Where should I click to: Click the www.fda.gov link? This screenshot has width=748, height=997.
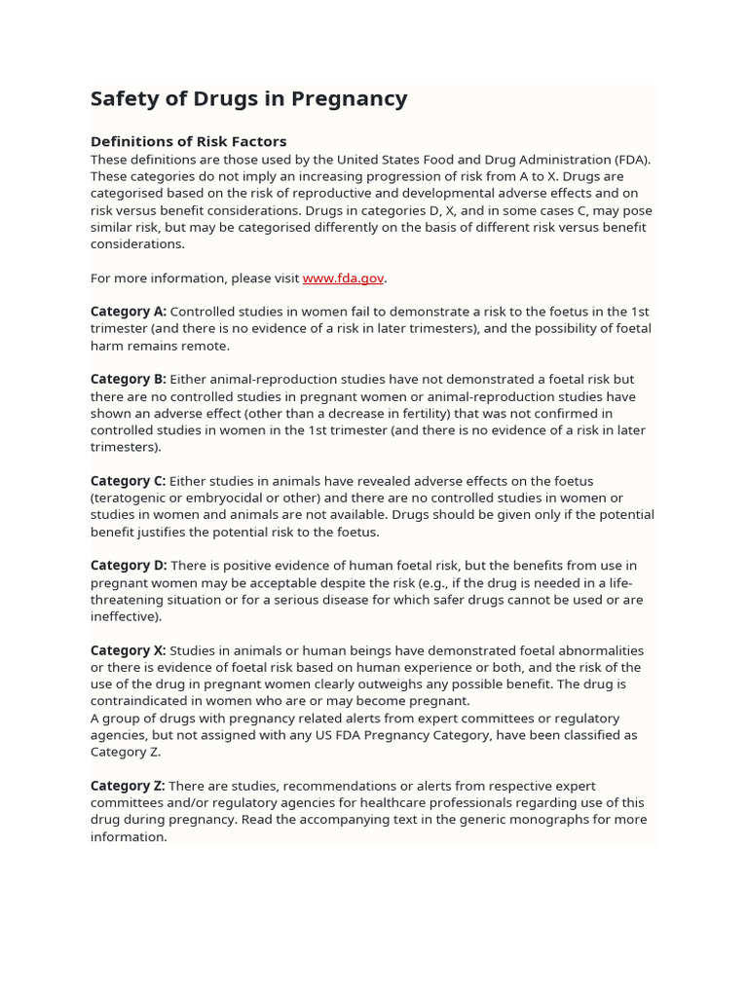coord(343,278)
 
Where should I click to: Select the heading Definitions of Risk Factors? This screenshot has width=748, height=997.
coord(188,141)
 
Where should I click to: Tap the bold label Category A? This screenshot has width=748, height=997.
coord(129,312)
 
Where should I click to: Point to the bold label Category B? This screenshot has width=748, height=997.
coord(129,380)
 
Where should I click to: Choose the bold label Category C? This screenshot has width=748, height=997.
coord(129,481)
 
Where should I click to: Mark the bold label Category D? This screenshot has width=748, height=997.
coord(129,566)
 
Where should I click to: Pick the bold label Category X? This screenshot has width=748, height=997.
coord(129,650)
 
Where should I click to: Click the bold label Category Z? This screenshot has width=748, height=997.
coord(128,786)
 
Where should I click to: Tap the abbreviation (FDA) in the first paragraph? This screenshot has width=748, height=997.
coord(632,160)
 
